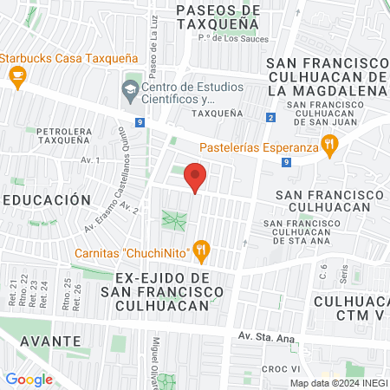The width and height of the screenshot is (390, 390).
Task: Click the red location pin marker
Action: coord(196,177)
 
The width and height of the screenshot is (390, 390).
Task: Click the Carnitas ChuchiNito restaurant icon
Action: coord(201,250)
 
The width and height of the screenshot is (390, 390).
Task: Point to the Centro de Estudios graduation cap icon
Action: coord(130,88)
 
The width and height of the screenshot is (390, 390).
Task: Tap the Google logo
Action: coord(29,379)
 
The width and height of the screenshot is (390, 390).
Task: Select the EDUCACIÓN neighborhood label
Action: coord(47,199)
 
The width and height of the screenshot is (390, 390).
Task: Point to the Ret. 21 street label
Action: coord(12,290)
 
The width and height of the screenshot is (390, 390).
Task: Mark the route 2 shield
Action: coord(270,117)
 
